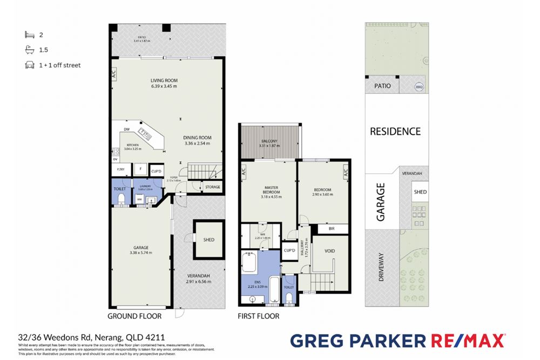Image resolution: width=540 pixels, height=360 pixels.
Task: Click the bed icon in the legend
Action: point(29,35)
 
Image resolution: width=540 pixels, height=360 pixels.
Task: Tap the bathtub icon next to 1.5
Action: point(29,50)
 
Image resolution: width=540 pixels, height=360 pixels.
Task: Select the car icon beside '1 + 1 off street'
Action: point(29,65)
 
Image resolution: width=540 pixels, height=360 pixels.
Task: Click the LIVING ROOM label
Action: point(164,81)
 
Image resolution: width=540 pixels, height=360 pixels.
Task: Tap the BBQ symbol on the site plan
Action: point(419,86)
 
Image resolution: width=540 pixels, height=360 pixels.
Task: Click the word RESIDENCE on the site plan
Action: point(395,131)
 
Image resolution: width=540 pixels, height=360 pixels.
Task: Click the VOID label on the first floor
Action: point(330,252)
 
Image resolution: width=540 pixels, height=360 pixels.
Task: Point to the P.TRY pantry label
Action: point(120,169)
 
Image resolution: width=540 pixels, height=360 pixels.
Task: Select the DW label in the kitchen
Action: point(126,130)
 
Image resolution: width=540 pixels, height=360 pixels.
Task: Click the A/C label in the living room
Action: point(113,74)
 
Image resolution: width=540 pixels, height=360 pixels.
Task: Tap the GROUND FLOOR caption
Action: point(134,316)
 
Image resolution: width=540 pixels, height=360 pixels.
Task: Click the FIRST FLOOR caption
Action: point(259,316)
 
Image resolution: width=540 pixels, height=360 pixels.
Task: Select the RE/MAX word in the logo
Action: point(468,341)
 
